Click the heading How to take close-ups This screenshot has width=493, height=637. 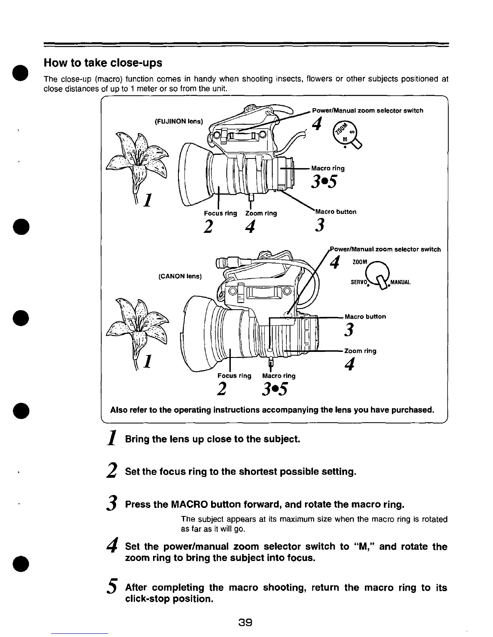point(103,63)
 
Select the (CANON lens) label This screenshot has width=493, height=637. point(180,276)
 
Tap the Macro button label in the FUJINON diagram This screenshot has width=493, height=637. point(336,212)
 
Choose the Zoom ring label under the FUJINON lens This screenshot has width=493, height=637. point(261,213)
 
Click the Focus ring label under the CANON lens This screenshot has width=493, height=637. point(234,376)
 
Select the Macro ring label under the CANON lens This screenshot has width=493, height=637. point(279,376)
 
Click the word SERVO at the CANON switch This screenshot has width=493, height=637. point(358,282)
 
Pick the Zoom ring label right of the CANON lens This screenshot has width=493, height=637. point(360,351)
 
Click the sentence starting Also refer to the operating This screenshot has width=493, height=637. point(272,410)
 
